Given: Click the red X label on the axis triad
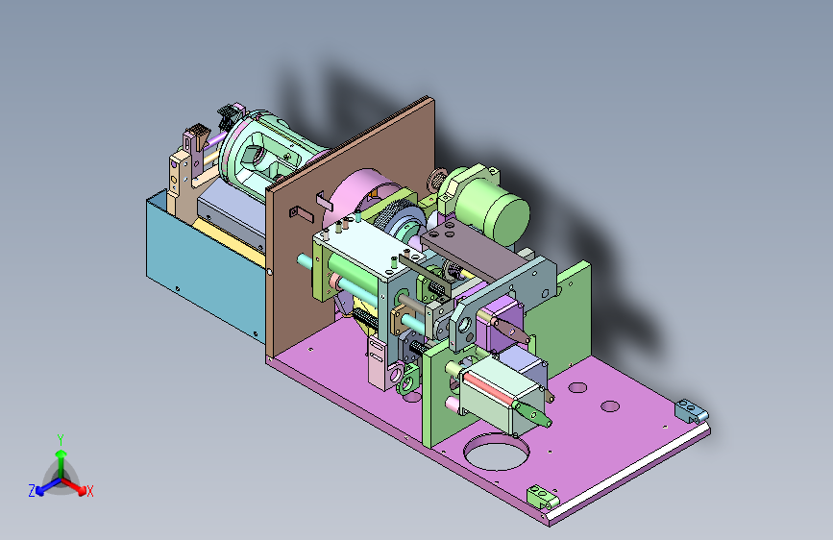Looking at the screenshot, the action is (89, 491).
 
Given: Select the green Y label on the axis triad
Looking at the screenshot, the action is (61, 440).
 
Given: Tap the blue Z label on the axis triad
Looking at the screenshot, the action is (32, 491).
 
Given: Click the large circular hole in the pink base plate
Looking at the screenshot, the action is (496, 452).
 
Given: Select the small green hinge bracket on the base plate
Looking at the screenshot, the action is (542, 497).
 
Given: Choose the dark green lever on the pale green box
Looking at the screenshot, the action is (532, 413).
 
